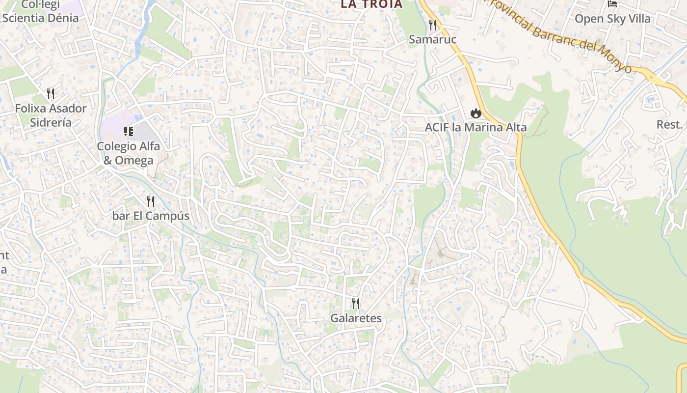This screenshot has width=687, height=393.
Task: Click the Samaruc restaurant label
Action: click(432, 39)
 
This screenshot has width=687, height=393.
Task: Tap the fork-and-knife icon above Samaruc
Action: click(432, 25)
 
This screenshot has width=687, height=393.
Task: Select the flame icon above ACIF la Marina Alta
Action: click(475, 113)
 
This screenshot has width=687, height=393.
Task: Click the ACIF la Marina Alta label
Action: click(476, 127)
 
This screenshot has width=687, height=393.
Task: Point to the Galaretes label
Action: click(356, 318)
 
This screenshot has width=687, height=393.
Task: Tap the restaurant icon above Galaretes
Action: click(356, 304)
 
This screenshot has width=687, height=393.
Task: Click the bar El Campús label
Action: click(151, 216)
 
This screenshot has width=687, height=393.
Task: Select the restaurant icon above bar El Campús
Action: click(151, 201)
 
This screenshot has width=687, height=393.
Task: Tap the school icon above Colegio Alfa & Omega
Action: click(129, 131)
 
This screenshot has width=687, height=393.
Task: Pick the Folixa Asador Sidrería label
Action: click(51, 115)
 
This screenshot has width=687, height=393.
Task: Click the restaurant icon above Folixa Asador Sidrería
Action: click(51, 93)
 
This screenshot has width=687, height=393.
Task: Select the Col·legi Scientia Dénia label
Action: click(40, 12)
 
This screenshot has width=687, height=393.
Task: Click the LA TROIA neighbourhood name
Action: click(371, 4)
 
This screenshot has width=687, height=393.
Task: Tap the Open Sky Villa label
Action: click(612, 19)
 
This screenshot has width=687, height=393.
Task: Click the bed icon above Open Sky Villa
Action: click(612, 4)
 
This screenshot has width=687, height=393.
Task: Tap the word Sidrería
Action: click(51, 122)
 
